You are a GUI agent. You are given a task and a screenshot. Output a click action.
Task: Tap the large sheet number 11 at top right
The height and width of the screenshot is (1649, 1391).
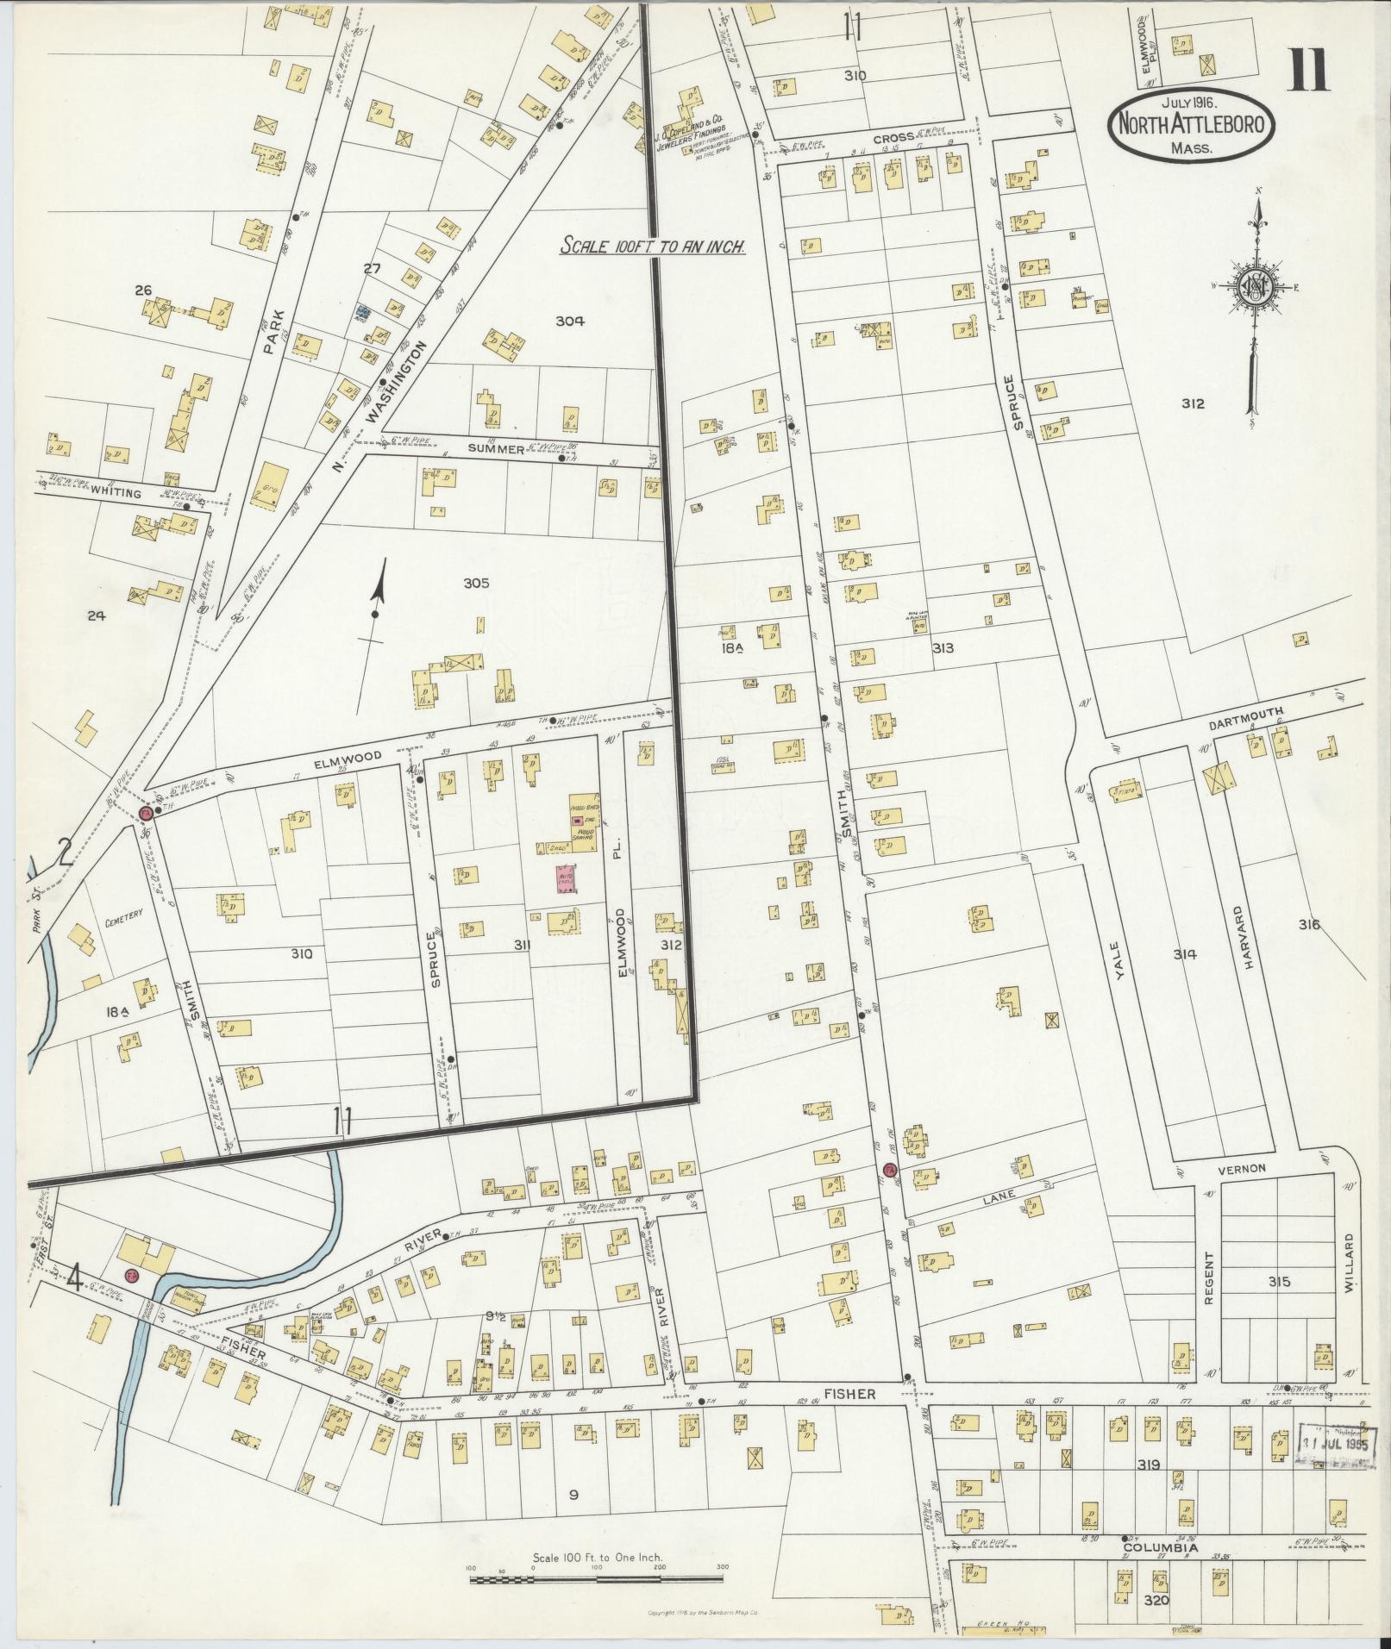pyautogui.click(x=1309, y=71)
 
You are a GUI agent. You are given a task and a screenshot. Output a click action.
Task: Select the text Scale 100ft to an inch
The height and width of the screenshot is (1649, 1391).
pyautogui.click(x=653, y=246)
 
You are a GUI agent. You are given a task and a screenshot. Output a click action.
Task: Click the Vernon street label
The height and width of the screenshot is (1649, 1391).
pyautogui.click(x=1241, y=1167)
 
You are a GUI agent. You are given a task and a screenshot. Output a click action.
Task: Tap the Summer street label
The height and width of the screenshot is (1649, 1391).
pyautogui.click(x=496, y=449)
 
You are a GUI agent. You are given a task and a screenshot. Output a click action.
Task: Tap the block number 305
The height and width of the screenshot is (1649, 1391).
pyautogui.click(x=476, y=584)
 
